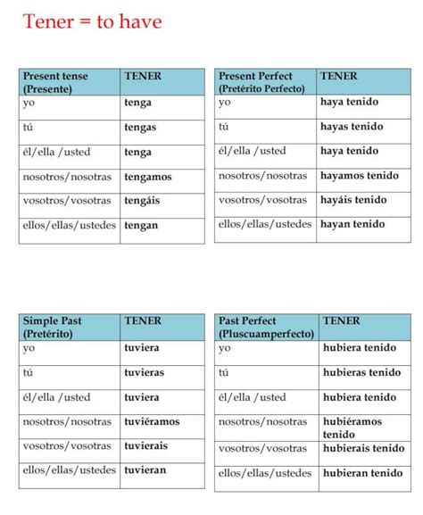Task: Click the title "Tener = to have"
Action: pyautogui.click(x=92, y=21)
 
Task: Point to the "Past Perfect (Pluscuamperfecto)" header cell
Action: pyautogui.click(x=264, y=327)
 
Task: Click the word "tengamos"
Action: pyautogui.click(x=148, y=177)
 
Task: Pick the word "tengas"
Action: pyautogui.click(x=140, y=128)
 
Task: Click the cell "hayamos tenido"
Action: pyautogui.click(x=359, y=177)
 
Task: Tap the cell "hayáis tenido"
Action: pyautogui.click(x=353, y=201)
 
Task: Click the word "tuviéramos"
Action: pyautogui.click(x=152, y=421)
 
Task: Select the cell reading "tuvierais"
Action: pyautogui.click(x=147, y=445)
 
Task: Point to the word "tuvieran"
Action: pyautogui.click(x=145, y=469)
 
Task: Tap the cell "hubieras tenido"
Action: pyautogui.click(x=361, y=372)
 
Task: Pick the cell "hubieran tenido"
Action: pyautogui.click(x=362, y=473)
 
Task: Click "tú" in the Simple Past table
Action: pyautogui.click(x=29, y=372)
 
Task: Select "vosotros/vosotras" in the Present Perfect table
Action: pyautogui.click(x=262, y=201)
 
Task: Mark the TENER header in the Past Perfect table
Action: pyautogui.click(x=341, y=320)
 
